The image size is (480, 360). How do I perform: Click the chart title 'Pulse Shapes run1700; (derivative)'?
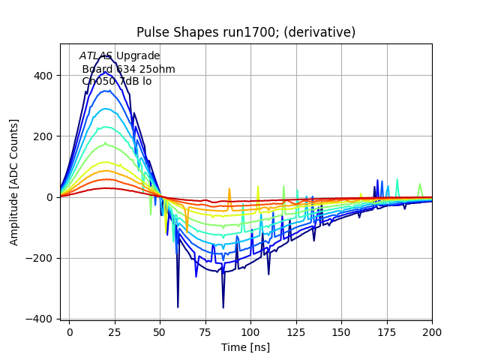point(246,32)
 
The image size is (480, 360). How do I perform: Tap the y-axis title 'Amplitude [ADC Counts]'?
point(14,181)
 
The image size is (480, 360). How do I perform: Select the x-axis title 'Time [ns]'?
point(246,347)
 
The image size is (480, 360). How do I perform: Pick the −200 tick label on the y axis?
point(40,258)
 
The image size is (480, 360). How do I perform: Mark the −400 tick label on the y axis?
point(40,319)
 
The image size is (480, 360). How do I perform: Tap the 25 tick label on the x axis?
point(106,331)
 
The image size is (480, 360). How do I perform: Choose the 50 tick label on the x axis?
point(160,331)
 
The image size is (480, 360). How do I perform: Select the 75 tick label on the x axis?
point(214,331)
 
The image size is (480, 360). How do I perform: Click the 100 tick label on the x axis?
point(268,331)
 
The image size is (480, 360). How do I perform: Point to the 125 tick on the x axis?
point(323,331)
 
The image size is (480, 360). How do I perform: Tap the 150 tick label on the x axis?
point(377,331)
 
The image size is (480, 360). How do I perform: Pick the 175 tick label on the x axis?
point(432,331)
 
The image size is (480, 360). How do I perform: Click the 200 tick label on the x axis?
point(432,331)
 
